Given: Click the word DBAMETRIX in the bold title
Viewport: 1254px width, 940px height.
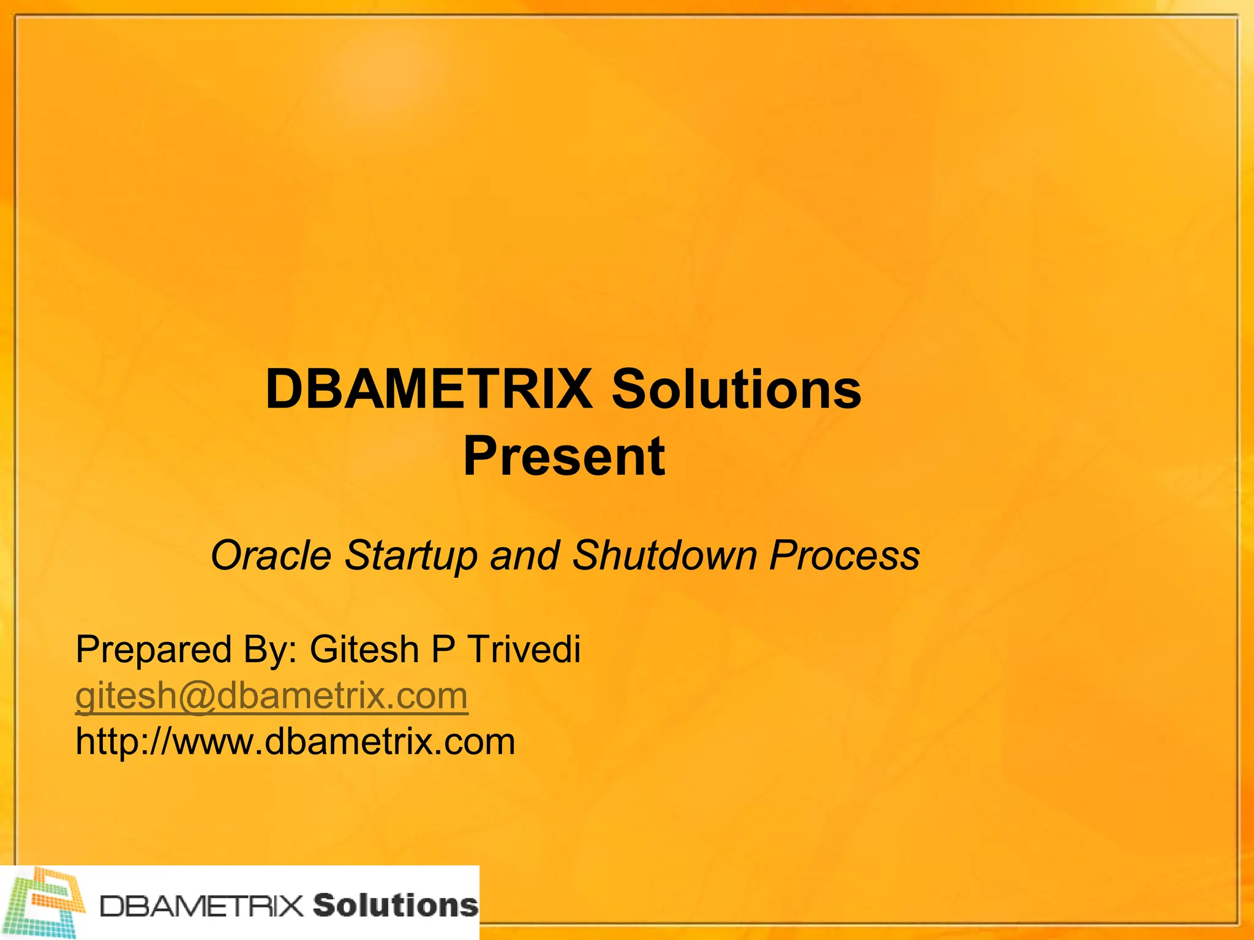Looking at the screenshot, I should point(429,389).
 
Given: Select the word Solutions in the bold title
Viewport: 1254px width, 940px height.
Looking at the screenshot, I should point(737,389).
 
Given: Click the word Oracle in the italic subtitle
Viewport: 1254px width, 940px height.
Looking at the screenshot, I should point(271,556).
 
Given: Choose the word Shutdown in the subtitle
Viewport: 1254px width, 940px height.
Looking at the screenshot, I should point(664,556).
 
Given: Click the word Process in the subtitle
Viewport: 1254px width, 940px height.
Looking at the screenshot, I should point(844,556).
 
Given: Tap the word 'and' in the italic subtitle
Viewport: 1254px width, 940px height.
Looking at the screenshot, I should point(524,556).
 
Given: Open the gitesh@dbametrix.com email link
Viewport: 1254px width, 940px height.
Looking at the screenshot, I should point(271,696).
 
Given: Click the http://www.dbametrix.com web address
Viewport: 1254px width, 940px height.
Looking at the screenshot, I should point(295,742).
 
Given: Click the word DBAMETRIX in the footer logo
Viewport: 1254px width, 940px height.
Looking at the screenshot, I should point(201,906).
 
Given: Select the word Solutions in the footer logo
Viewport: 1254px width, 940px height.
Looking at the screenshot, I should point(395,906).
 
